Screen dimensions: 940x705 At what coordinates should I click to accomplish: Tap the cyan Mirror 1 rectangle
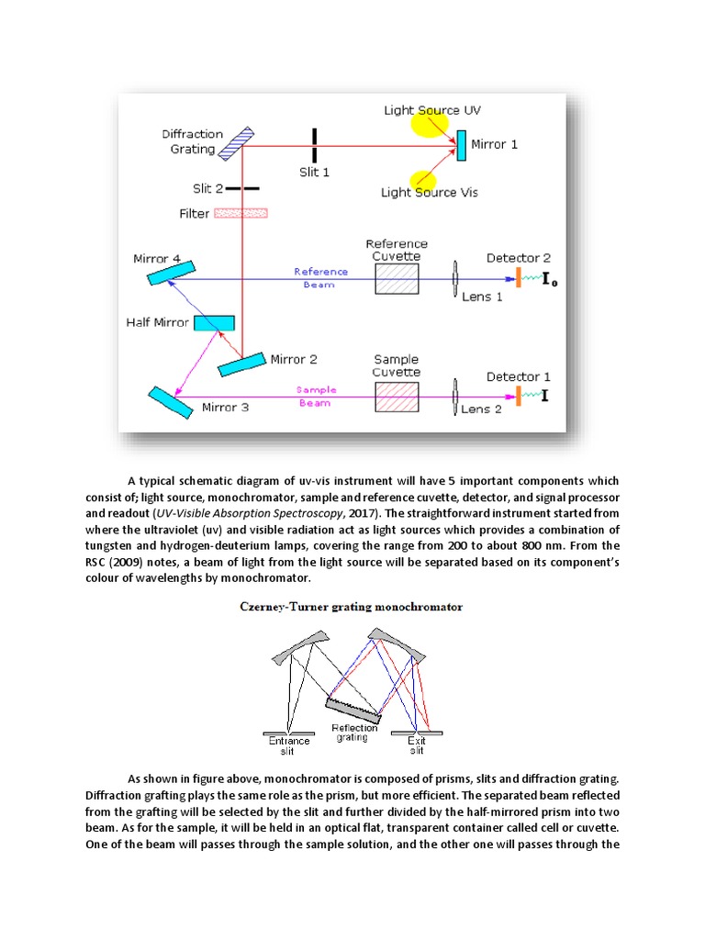coord(461,145)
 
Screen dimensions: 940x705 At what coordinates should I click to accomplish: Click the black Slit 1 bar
coord(313,145)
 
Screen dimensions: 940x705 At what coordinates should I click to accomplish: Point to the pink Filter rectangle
coord(241,213)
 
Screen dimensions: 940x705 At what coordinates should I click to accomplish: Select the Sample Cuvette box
coord(397,397)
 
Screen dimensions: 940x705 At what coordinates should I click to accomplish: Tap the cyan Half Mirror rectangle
coord(214,323)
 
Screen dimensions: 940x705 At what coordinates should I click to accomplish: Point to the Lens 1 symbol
coord(455,279)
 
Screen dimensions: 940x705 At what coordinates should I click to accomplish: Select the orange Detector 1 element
coord(519,396)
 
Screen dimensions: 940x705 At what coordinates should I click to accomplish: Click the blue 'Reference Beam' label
coord(320,276)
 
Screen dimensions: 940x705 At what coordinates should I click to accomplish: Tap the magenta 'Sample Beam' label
coord(316,396)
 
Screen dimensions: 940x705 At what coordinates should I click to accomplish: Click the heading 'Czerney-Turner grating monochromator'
coord(352,607)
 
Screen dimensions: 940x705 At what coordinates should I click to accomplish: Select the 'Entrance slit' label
coord(289,744)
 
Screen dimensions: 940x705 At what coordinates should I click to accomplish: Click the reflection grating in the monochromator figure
coord(352,708)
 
